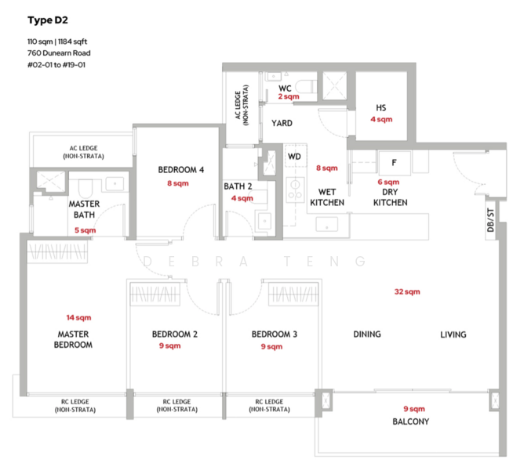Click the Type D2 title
pos(48,20)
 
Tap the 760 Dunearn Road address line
pos(59,53)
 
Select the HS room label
pos(381,108)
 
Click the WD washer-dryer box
pos(296,156)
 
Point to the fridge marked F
pos(395,163)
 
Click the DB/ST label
pos(490,220)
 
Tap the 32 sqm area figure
pos(407,291)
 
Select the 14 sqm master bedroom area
pos(78,317)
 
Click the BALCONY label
pos(411,421)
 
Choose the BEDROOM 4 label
pos(180,170)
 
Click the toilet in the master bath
pos(86,189)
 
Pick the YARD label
pos(282,124)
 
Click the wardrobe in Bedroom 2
pos(155,294)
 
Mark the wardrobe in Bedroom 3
pos(293,294)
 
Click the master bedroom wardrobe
pos(57,251)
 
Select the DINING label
pos(367,334)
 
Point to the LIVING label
pos(453,334)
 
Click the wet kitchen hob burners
pos(295,190)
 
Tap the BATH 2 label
pos(238,186)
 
